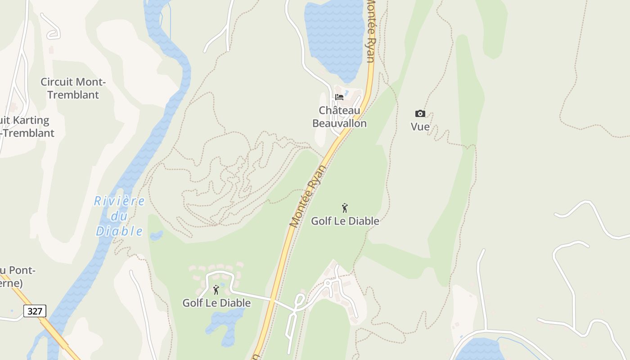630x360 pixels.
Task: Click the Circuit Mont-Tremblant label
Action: click(x=73, y=88)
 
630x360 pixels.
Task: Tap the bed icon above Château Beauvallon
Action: click(x=339, y=97)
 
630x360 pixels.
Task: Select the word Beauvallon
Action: click(x=339, y=123)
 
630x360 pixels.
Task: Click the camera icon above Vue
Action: click(x=420, y=113)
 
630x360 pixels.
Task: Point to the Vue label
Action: click(x=420, y=127)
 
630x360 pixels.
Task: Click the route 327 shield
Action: click(x=35, y=311)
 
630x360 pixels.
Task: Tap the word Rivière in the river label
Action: click(x=119, y=201)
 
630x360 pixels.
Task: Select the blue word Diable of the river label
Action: click(x=119, y=231)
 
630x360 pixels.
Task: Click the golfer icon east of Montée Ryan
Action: click(x=345, y=208)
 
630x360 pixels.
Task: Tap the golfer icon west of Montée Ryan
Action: click(x=216, y=290)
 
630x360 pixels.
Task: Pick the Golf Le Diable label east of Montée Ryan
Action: click(x=345, y=221)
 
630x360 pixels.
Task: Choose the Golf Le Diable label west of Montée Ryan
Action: click(x=216, y=303)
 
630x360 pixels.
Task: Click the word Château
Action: click(x=339, y=110)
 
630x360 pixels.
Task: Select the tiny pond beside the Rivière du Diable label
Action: click(x=156, y=235)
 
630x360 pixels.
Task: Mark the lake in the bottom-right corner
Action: click(x=479, y=350)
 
